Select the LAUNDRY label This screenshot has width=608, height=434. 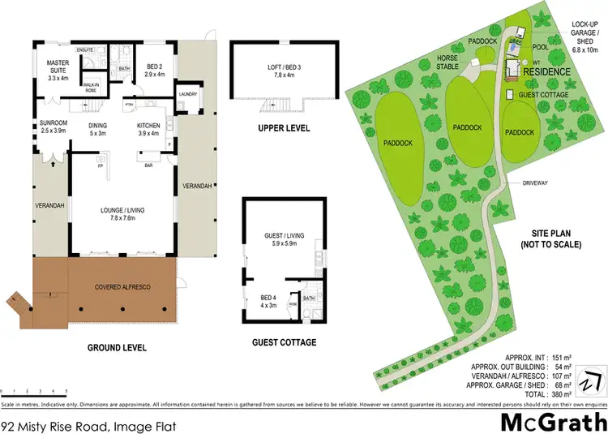[x=189, y=93]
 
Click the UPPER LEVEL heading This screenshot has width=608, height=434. [x=284, y=128]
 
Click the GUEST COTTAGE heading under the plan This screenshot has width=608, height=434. [x=284, y=342]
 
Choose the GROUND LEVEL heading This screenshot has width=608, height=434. [x=117, y=347]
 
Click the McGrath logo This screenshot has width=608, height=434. [x=553, y=422]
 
